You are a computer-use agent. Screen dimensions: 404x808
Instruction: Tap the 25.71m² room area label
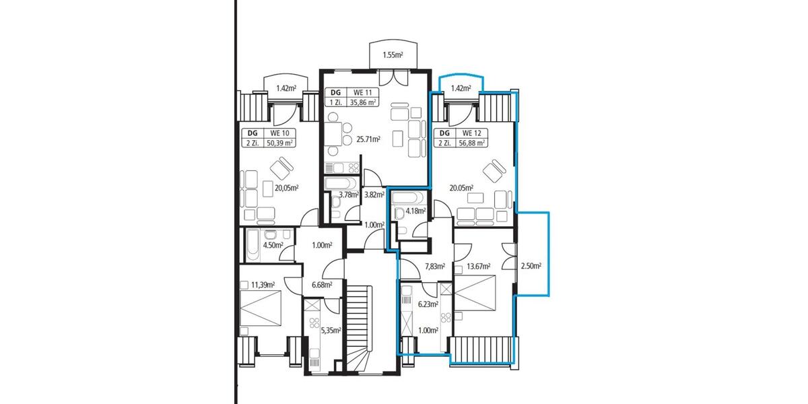point(369,139)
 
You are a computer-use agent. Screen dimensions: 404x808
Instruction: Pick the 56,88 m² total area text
point(472,142)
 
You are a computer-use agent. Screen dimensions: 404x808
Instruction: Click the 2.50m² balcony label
point(531,265)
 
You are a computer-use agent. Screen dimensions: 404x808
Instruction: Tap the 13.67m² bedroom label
point(478,266)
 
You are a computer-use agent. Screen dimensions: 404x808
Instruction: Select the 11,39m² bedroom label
point(263,285)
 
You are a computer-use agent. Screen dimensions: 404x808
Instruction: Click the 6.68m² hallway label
point(323,285)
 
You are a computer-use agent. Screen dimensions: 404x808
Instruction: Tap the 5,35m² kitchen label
point(331,330)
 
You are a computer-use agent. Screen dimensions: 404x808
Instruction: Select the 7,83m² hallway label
point(435,266)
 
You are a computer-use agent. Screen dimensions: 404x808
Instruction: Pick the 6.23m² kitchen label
point(428,304)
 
